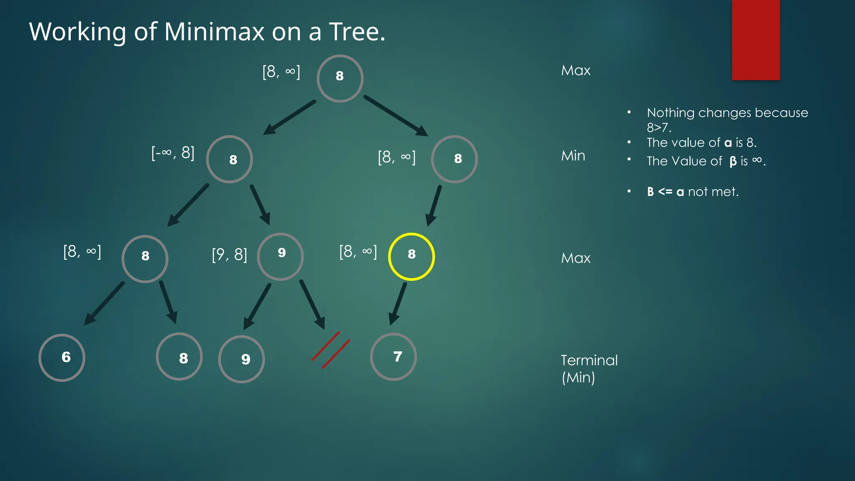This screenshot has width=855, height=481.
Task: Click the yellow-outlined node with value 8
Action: [411, 256]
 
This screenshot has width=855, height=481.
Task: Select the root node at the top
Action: [340, 78]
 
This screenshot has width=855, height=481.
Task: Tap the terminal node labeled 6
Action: [62, 357]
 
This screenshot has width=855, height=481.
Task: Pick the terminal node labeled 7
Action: [393, 357]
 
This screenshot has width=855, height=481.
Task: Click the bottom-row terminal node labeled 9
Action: [241, 359]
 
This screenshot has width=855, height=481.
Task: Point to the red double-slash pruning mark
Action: [331, 350]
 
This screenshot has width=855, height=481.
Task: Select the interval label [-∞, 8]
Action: [173, 153]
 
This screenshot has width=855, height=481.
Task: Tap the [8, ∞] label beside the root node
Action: [281, 72]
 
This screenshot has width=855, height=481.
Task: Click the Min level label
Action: [573, 156]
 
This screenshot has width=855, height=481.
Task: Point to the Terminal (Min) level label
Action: [589, 369]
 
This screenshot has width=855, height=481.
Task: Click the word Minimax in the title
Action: [214, 32]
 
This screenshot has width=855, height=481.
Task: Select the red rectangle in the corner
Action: [756, 40]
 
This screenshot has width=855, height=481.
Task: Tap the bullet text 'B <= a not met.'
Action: [693, 192]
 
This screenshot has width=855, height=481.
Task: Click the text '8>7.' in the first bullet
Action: [659, 127]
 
